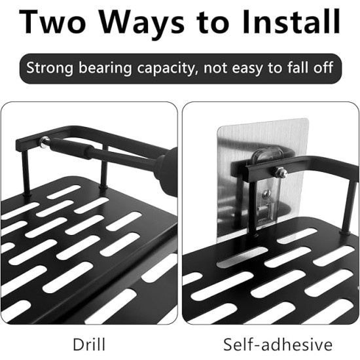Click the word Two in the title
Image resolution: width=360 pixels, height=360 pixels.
[52, 22]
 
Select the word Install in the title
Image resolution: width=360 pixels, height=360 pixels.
[291, 22]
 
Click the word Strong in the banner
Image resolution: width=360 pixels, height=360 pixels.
[50, 69]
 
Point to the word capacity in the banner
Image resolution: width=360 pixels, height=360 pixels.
[167, 69]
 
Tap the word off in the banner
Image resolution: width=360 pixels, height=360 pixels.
[323, 67]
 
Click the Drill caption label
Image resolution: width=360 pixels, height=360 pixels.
[89, 344]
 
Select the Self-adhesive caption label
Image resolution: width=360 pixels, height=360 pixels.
[278, 344]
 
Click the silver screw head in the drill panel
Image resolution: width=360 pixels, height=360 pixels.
[45, 141]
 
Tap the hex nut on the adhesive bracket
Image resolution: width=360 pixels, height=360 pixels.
[281, 173]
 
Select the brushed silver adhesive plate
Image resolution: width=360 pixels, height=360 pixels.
[263, 180]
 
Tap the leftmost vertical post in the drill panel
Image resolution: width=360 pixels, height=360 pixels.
[26, 172]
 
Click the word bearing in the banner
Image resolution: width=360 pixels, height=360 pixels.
[105, 69]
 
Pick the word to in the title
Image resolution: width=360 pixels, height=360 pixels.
[213, 24]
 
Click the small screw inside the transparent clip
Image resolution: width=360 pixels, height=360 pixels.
[266, 193]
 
